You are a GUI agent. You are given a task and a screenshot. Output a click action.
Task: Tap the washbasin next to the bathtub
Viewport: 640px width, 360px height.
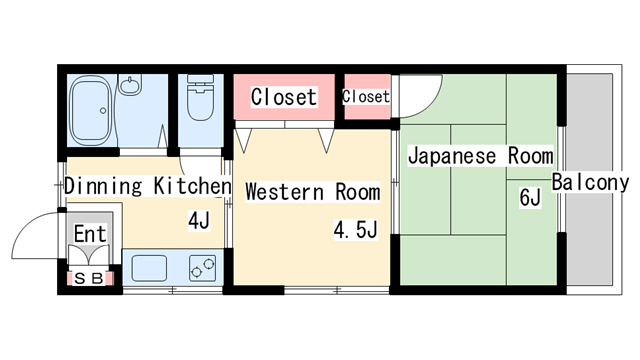[130, 86]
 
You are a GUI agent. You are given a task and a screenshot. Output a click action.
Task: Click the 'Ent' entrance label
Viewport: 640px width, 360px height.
[89, 235]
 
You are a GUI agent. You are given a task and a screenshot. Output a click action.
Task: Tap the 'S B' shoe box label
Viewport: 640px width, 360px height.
[89, 279]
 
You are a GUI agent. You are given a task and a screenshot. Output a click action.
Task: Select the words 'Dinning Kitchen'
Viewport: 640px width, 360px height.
[147, 186]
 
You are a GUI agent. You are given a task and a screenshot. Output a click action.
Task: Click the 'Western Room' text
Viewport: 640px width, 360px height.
[312, 191]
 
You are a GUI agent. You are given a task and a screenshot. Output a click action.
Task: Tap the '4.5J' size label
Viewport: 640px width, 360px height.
[355, 231]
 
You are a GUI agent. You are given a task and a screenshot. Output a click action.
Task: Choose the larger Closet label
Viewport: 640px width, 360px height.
[284, 97]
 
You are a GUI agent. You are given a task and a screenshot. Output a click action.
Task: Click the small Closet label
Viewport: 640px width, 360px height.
[366, 97]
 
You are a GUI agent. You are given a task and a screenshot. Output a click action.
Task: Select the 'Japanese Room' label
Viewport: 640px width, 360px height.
[480, 157]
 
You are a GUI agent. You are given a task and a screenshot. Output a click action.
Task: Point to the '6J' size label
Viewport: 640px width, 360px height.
[529, 197]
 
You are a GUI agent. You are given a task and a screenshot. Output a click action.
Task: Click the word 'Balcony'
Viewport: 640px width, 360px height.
[590, 182]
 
